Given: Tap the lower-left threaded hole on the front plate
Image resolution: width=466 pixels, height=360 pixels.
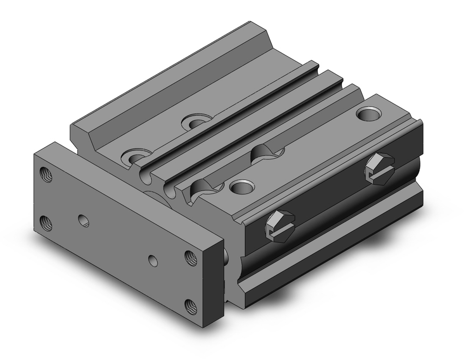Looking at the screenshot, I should (46, 224).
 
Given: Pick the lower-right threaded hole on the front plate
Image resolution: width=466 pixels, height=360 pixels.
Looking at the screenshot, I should (191, 307).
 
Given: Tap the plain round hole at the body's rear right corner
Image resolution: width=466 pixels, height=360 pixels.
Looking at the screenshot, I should (367, 113).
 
